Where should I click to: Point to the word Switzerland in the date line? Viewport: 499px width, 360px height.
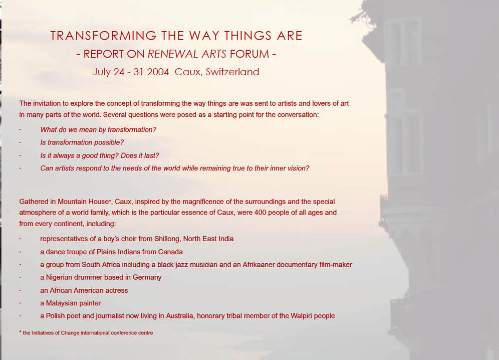(x=231, y=72)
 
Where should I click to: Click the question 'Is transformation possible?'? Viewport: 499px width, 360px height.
(x=82, y=142)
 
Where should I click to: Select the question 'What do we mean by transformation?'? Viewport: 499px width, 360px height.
(x=98, y=129)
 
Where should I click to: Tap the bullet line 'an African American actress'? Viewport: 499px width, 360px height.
(x=84, y=290)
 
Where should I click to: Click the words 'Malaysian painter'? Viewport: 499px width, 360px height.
(x=74, y=303)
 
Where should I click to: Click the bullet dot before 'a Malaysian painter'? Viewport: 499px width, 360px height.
(x=21, y=303)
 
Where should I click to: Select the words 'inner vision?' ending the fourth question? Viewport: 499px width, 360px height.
(x=289, y=168)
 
